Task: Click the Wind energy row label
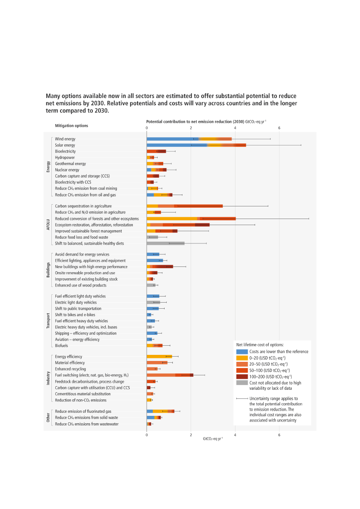pyautogui.click(x=65, y=139)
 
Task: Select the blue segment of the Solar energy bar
pyautogui.click(x=176, y=145)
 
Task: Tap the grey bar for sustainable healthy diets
pyautogui.click(x=165, y=243)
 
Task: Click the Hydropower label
pyautogui.click(x=64, y=157)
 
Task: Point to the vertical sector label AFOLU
pyautogui.click(x=48, y=225)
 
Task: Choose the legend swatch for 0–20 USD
pyautogui.click(x=242, y=357)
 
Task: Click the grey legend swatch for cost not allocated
pyautogui.click(x=242, y=383)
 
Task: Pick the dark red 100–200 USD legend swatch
pyautogui.click(x=242, y=376)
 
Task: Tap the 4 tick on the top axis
pyautogui.click(x=235, y=128)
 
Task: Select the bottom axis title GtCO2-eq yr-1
pyautogui.click(x=212, y=438)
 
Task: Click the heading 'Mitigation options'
pyautogui.click(x=71, y=125)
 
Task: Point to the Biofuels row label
pyautogui.click(x=61, y=345)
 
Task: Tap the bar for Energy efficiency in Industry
pyautogui.click(x=159, y=356)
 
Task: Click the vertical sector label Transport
pyautogui.click(x=48, y=320)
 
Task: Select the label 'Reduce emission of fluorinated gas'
pyautogui.click(x=83, y=411)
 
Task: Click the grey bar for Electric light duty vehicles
pyautogui.click(x=153, y=302)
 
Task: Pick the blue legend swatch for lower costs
pyautogui.click(x=242, y=351)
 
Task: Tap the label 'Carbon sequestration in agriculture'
pyautogui.click(x=83, y=206)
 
